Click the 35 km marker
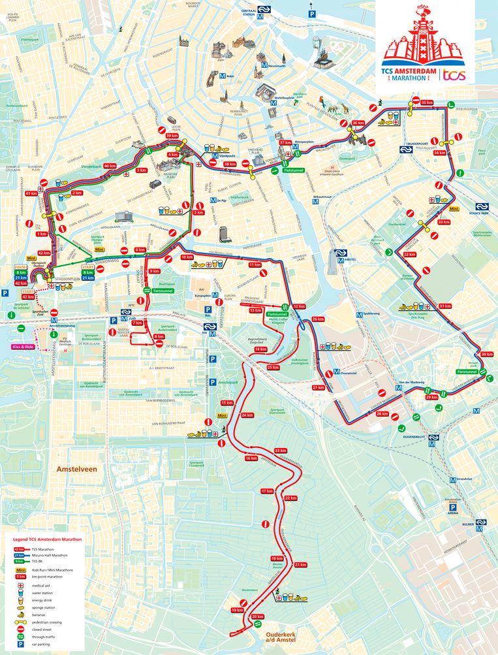point(428,103)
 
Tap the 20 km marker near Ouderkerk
point(257,616)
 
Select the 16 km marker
point(251,459)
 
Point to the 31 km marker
point(445,306)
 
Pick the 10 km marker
point(187,257)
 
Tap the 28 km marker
point(382,414)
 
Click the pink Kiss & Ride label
point(23,346)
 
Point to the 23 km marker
point(281,451)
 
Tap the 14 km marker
point(260,349)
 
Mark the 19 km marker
point(237,610)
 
